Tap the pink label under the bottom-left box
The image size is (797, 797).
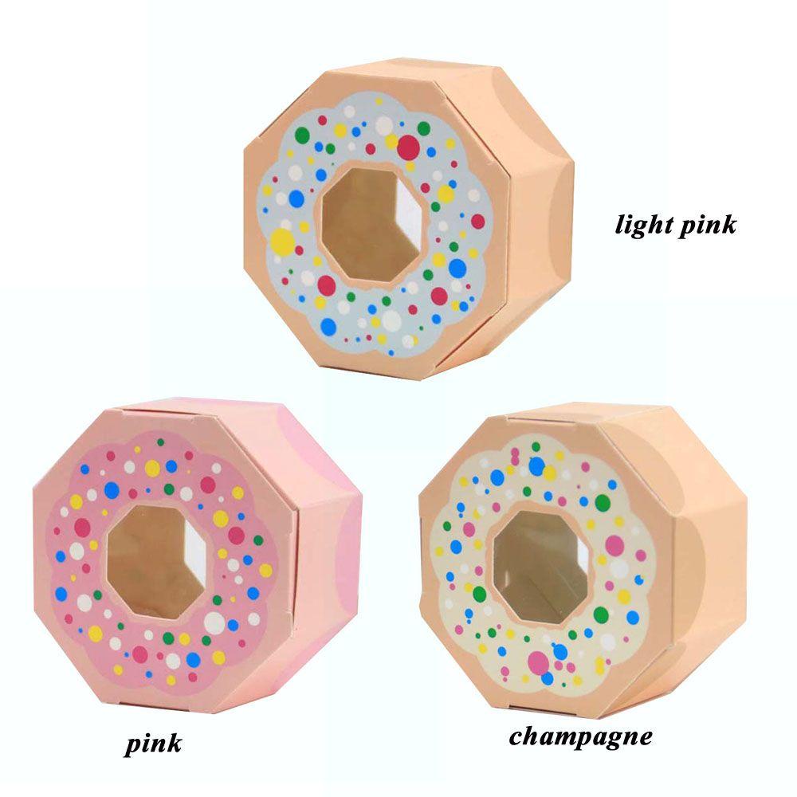coord(154,744)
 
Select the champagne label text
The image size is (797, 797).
coord(580,736)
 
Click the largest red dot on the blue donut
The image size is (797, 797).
coord(408,147)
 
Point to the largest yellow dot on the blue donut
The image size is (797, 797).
coord(282,240)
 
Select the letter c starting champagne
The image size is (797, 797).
coord(516,736)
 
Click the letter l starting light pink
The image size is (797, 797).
coord(619,224)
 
